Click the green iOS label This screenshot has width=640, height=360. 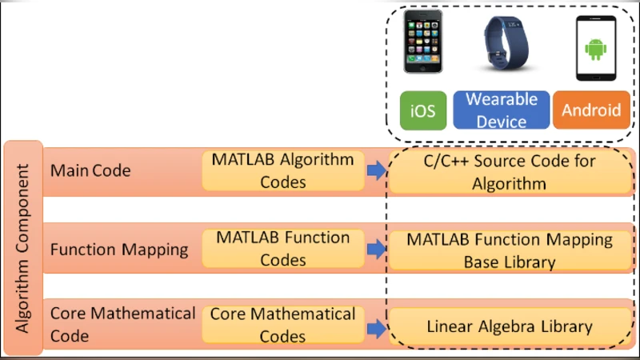(x=422, y=110)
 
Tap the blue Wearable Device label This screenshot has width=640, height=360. (x=502, y=110)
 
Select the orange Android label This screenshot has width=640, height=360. (x=590, y=110)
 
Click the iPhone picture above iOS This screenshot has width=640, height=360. (x=423, y=46)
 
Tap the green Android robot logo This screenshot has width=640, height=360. (x=595, y=50)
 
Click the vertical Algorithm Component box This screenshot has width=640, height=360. (x=23, y=249)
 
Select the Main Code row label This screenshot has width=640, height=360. (x=90, y=171)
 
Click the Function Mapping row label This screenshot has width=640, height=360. (x=119, y=249)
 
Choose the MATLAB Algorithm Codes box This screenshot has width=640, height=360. (x=282, y=170)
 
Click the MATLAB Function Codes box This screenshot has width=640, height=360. (x=282, y=249)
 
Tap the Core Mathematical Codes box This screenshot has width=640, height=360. (x=282, y=325)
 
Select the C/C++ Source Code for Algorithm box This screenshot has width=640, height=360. (x=508, y=172)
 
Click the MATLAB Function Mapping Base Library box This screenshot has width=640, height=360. (x=508, y=250)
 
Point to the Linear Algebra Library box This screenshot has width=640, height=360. (x=508, y=326)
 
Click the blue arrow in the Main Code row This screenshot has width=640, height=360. (x=375, y=170)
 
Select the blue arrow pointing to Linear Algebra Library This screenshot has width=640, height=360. (x=375, y=326)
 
